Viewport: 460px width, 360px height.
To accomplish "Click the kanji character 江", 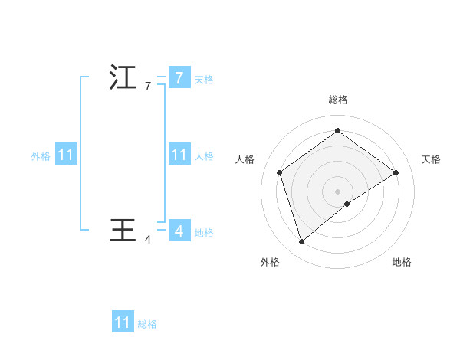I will pyautogui.click(x=123, y=78).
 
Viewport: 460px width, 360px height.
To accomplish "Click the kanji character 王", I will pyautogui.click(x=123, y=229).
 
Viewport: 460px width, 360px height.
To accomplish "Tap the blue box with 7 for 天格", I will pyautogui.click(x=179, y=78).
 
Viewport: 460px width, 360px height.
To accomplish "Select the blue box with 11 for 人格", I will pyautogui.click(x=179, y=155).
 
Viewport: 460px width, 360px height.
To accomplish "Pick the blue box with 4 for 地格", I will pyautogui.click(x=179, y=230).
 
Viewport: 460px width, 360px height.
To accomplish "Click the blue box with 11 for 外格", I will pyautogui.click(x=66, y=155).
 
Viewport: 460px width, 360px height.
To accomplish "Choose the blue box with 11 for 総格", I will pyautogui.click(x=123, y=322).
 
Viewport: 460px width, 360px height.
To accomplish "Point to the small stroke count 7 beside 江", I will pyautogui.click(x=148, y=87).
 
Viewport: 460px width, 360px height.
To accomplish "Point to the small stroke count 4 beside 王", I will pyautogui.click(x=148, y=240).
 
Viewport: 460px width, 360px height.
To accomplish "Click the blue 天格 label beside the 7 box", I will pyautogui.click(x=204, y=79).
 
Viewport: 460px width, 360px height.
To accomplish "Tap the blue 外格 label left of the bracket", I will pyautogui.click(x=41, y=155).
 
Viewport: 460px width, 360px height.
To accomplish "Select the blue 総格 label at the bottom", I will pyautogui.click(x=147, y=324).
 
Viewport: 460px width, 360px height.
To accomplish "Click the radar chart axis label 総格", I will pyautogui.click(x=337, y=100).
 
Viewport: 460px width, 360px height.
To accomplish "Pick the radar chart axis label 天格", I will pyautogui.click(x=432, y=159).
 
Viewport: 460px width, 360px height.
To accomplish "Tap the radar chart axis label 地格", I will pyautogui.click(x=402, y=262).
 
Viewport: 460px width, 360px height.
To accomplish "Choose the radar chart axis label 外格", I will pyautogui.click(x=270, y=262).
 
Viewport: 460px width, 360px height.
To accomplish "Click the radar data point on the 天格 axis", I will pyautogui.click(x=396, y=172).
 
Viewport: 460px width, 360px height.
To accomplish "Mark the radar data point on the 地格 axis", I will pyautogui.click(x=347, y=204).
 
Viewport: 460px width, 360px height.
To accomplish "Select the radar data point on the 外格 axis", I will pyautogui.click(x=301, y=242).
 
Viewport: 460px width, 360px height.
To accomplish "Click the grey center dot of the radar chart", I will pyautogui.click(x=337, y=191).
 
